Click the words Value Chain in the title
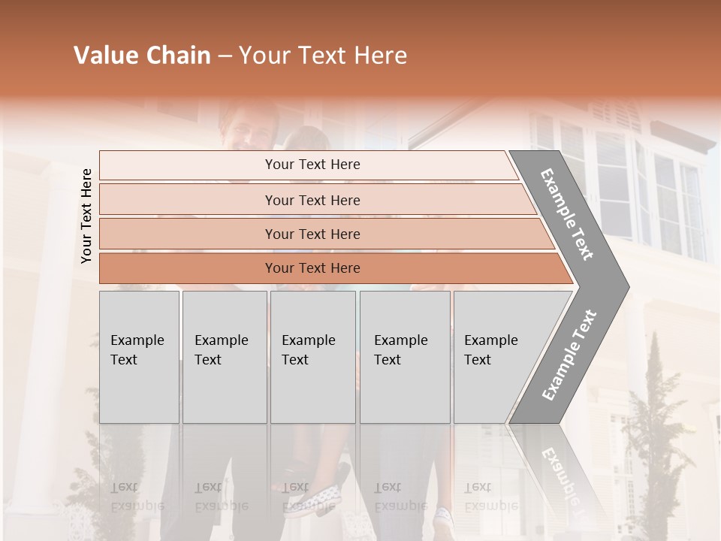point(142,56)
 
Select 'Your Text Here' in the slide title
point(323,56)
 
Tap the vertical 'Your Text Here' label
point(86,216)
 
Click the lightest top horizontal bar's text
point(312,165)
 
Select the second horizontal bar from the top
point(312,200)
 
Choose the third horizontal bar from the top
point(312,234)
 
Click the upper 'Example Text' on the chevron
point(567,214)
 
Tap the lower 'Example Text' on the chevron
point(569,355)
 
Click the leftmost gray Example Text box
point(139,357)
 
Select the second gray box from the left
point(224,357)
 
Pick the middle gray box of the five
point(312,357)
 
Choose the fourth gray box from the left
point(404,357)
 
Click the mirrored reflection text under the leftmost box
point(137,497)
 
